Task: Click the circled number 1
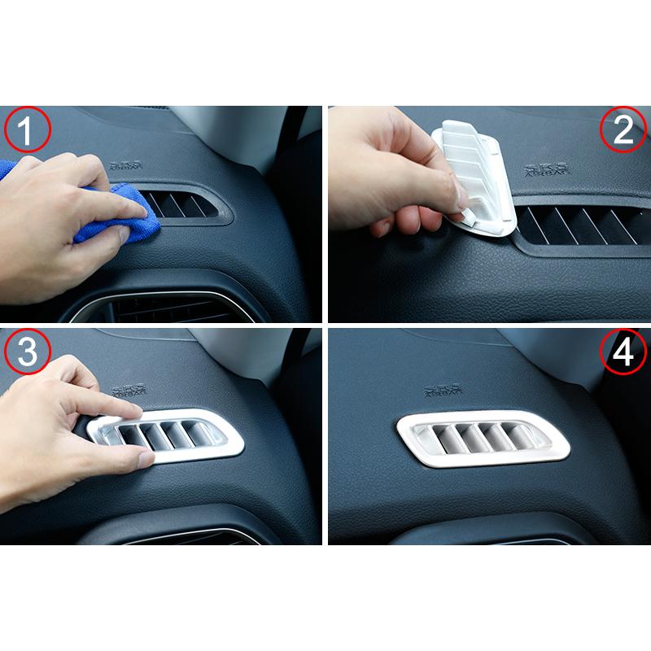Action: [28, 130]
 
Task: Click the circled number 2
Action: [623, 130]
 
